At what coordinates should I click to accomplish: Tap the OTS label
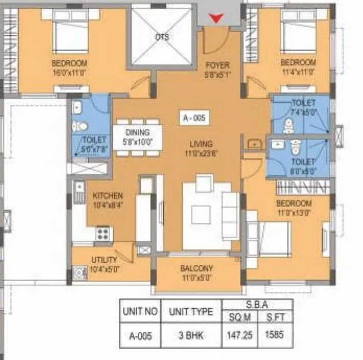click(162, 37)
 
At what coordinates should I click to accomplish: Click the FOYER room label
click(217, 66)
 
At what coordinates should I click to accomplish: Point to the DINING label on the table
click(137, 133)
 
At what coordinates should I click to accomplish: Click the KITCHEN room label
click(108, 196)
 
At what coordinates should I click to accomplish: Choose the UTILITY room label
click(104, 260)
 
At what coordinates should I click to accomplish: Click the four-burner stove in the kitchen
click(103, 234)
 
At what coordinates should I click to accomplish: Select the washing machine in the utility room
click(79, 273)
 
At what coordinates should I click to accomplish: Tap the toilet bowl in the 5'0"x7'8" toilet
click(78, 126)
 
